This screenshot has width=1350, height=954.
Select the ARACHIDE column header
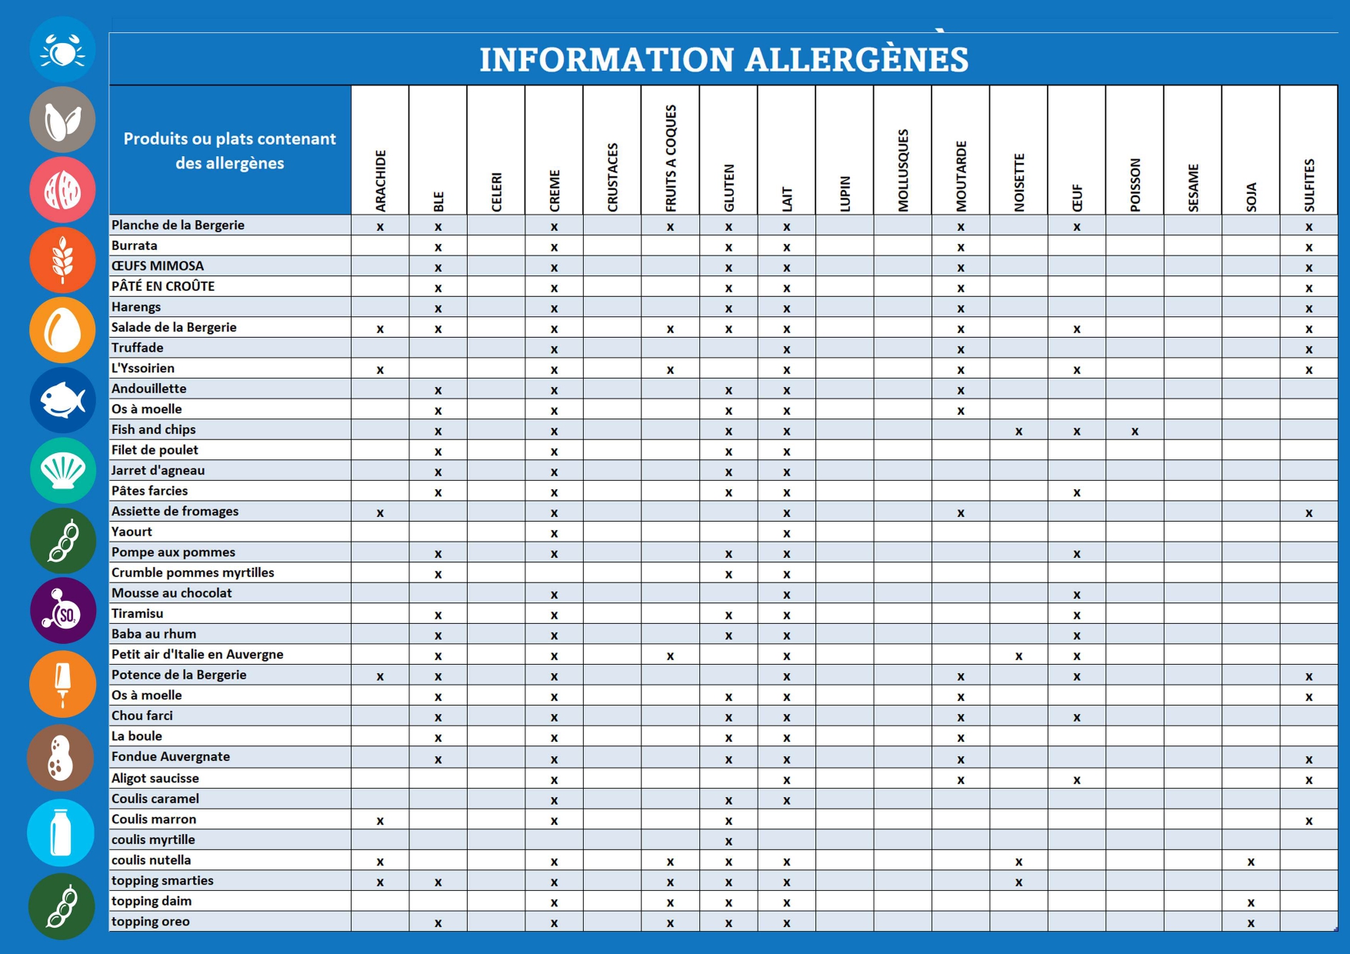coord(380,181)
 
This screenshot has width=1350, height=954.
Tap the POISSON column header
coord(1135,185)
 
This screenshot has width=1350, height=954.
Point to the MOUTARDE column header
coord(961,176)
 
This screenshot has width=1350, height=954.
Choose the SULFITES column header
coord(1309,185)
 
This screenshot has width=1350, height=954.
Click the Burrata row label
coord(135,245)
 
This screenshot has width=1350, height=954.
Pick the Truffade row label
coord(138,348)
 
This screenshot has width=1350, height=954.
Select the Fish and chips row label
coord(154,429)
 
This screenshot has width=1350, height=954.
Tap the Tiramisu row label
coord(138,613)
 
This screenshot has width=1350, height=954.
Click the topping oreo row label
coord(151,921)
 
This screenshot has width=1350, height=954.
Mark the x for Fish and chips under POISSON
coord(1135,432)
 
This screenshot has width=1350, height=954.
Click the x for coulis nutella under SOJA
coord(1251,862)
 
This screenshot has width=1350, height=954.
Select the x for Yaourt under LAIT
coord(786,533)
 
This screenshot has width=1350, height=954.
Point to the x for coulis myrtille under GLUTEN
coord(728,842)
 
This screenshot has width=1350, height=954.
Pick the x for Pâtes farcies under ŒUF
coord(1077,492)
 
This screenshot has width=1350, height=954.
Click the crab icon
coord(62,50)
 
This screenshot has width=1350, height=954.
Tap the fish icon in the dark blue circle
coord(62,400)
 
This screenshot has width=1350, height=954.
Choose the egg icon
coord(62,330)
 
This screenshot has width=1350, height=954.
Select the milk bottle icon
coord(61,832)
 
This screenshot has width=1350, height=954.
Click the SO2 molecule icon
coord(62,611)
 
